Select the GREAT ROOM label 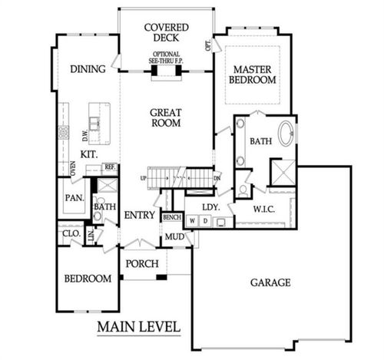165,117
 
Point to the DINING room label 87,69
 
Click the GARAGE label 270,282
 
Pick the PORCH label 142,264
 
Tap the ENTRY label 139,215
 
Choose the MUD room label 174,236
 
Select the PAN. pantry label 74,198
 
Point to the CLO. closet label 70,231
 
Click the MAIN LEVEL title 138,328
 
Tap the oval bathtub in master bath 286,134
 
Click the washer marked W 192,222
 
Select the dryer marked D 204,222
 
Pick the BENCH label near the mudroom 171,217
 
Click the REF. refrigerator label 110,167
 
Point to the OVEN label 73,168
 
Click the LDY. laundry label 212,207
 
